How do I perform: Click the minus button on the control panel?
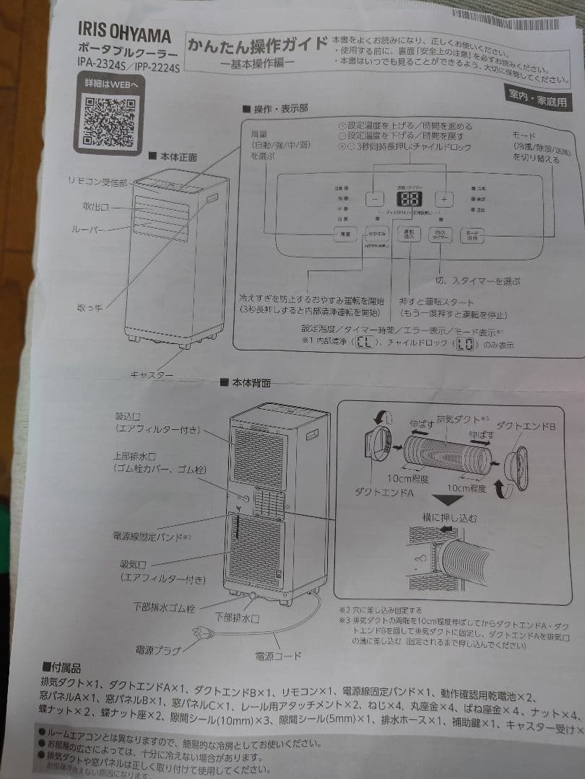point(375,198)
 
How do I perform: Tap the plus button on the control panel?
point(445,198)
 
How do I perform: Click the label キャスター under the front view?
point(152,374)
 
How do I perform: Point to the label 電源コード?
point(278,655)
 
